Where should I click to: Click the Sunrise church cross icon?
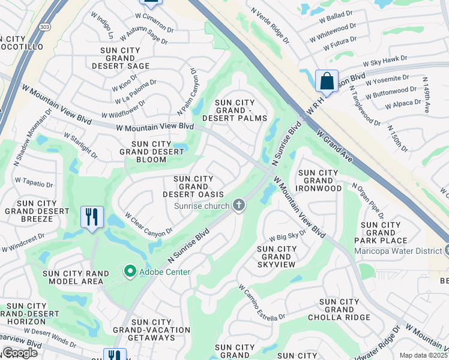tap(239, 206)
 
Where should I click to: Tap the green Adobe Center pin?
tap(130, 272)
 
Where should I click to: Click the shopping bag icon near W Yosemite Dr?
tap(327, 81)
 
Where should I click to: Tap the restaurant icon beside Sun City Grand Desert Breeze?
tap(92, 217)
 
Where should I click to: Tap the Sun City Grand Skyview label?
tap(277, 256)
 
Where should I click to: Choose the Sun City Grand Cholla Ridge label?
tap(339, 310)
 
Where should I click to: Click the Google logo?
tap(19, 353)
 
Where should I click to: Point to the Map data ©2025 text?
tap(423, 355)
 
